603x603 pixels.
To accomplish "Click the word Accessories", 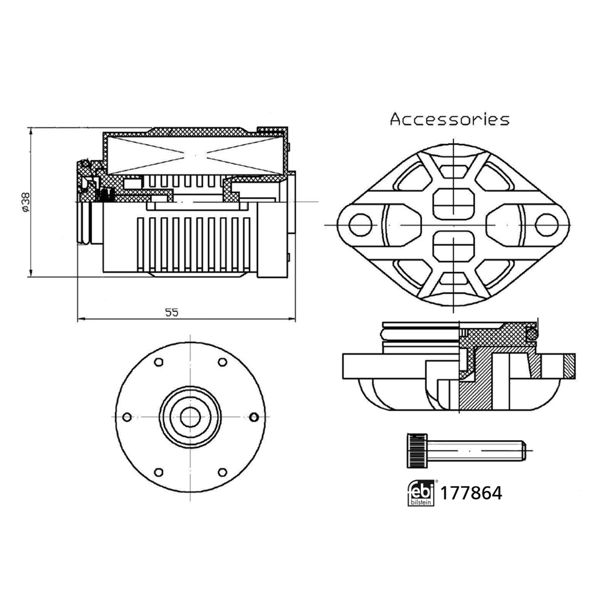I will tap(449, 119).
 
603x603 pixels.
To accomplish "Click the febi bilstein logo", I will tap(420, 493).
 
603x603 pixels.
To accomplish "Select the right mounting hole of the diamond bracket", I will tap(547, 224).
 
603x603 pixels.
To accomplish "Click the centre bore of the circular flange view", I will tap(190, 416).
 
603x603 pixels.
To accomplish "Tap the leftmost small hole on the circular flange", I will tap(127, 417).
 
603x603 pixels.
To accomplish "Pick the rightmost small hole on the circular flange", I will tap(253, 417).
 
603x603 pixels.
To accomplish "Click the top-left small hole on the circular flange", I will tap(159, 362).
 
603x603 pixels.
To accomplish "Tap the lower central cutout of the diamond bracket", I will tap(453, 247).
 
